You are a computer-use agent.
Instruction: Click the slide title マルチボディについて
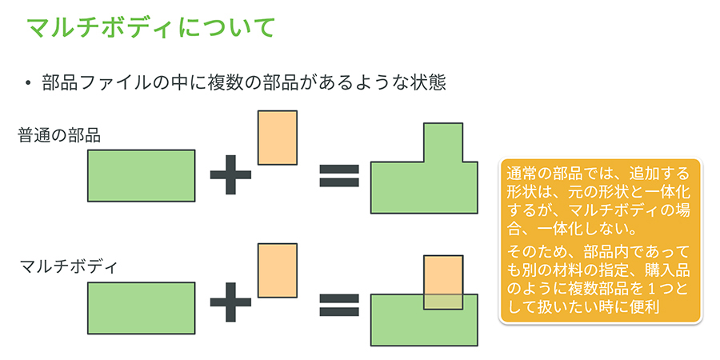(x=151, y=26)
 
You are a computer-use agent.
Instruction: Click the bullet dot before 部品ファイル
(x=28, y=82)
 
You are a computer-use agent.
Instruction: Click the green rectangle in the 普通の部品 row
(x=141, y=175)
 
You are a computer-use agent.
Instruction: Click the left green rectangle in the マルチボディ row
(x=141, y=308)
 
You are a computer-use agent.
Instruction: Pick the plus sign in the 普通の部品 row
(x=231, y=175)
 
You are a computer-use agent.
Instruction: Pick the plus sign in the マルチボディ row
(x=231, y=304)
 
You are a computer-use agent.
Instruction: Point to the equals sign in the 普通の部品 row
(x=339, y=175)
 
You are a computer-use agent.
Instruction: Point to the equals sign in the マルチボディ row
(x=339, y=304)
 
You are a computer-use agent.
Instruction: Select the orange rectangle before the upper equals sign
(x=277, y=138)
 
